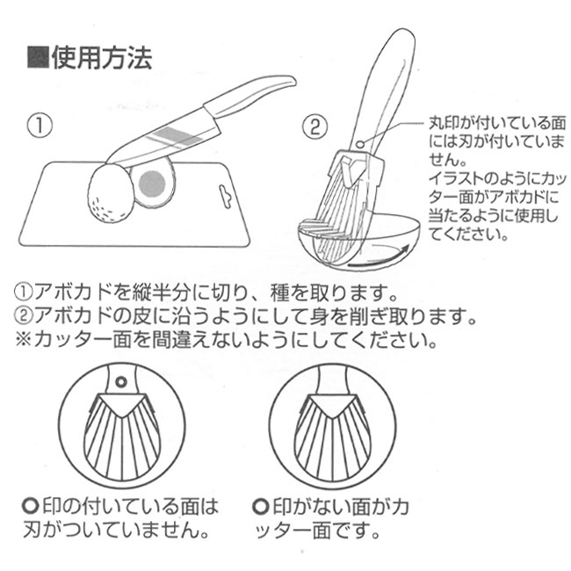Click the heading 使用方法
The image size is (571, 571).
point(102,58)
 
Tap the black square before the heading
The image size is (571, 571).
point(39,57)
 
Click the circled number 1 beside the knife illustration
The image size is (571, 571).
point(40,126)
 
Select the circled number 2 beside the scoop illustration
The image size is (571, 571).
point(315,126)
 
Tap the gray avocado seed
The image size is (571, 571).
point(153,184)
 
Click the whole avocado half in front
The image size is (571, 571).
point(110,192)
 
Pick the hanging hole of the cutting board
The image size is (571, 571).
point(226,196)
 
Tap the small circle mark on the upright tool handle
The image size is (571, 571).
point(360,144)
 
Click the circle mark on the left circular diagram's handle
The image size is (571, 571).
point(121,382)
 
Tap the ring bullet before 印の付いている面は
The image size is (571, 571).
point(30,506)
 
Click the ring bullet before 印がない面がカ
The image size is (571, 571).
point(260,506)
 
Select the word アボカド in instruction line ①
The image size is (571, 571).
point(73,292)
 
